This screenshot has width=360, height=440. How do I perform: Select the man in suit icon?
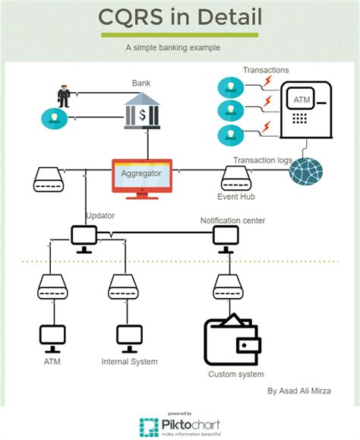click(x=63, y=96)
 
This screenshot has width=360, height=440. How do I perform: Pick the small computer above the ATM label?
click(x=52, y=337)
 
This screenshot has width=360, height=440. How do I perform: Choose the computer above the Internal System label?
click(x=128, y=337)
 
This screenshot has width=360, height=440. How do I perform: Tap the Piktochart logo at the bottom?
click(x=180, y=426)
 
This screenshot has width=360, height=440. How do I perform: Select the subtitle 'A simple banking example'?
click(x=173, y=47)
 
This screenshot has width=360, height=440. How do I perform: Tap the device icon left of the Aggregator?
click(x=50, y=181)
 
